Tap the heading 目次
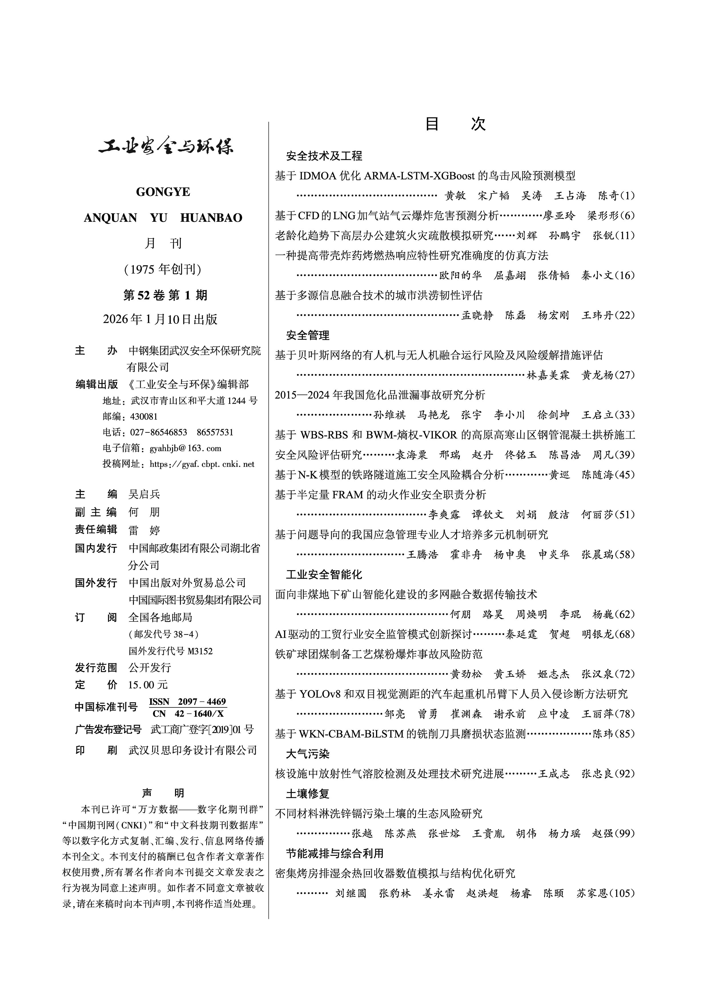pos(455,124)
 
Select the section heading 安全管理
pos(307,335)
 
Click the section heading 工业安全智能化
pos(324,575)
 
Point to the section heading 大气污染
pos(307,754)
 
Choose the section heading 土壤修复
pos(307,794)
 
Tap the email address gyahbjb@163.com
pos(185,448)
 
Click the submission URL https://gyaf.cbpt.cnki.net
pos(202,464)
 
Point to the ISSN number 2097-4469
pos(202,701)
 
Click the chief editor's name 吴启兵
pos(144,494)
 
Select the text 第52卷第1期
pos(165,295)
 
